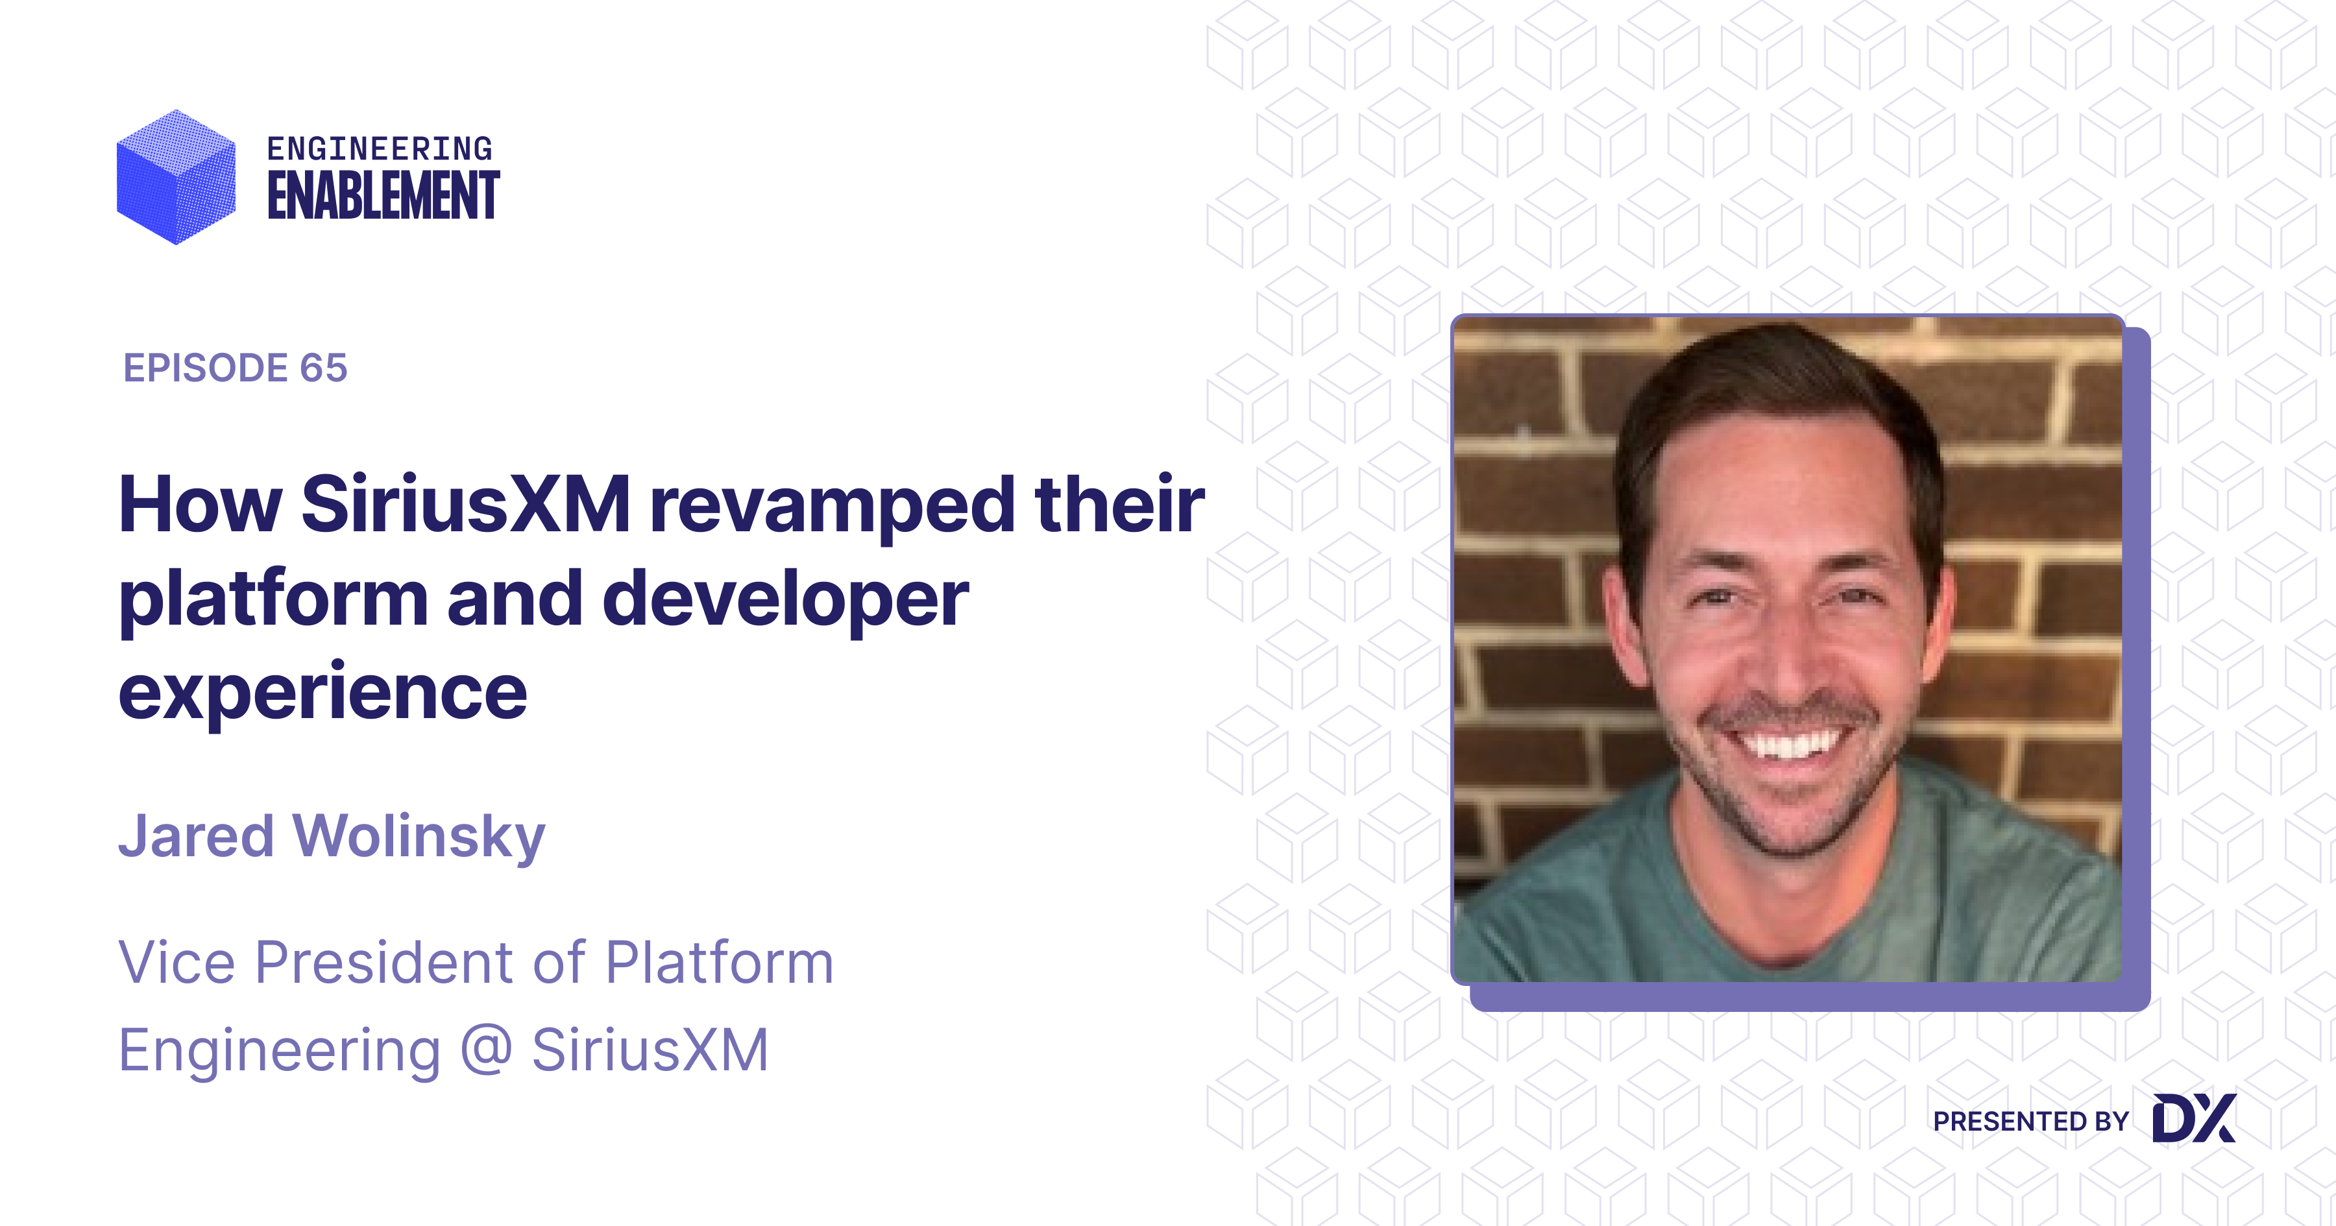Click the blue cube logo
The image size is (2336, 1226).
click(x=176, y=177)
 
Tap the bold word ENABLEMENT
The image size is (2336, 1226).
click(x=383, y=196)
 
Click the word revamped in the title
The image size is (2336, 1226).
click(x=833, y=506)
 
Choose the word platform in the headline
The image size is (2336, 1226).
click(x=273, y=600)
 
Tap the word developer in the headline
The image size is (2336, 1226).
click(x=785, y=600)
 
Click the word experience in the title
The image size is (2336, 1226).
click(x=323, y=693)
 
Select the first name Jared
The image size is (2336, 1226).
click(x=196, y=836)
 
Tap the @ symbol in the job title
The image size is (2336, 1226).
click(x=486, y=1050)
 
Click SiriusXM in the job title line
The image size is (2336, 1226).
click(x=650, y=1050)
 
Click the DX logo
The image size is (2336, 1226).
click(x=2194, y=1118)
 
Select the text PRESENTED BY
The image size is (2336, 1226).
click(x=2030, y=1122)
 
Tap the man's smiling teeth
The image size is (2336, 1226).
click(x=1789, y=745)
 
